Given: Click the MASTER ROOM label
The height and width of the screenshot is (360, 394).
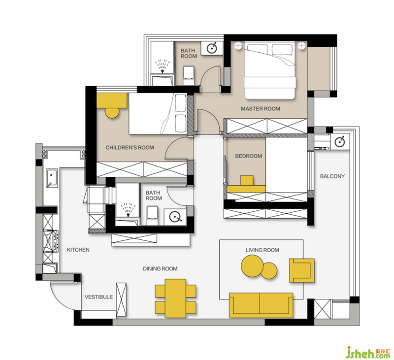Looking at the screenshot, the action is tap(261, 109).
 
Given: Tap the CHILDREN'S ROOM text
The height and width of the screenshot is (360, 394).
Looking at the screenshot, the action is tap(130, 147).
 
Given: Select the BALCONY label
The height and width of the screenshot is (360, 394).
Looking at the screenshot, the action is tap(332, 176).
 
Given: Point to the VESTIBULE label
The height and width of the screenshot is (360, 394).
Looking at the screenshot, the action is tap(98, 297).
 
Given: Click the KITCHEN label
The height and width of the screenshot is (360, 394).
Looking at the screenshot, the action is tap(78, 250).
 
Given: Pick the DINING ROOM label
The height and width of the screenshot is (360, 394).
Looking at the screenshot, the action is tap(160, 269).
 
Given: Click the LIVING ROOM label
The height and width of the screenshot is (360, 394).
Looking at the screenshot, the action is tap(263, 250).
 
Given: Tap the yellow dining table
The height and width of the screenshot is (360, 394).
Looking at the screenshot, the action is tap(176, 298).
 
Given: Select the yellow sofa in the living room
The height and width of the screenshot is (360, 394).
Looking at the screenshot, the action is tap(261, 305).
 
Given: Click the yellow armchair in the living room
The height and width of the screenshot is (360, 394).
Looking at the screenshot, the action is tap(301, 270).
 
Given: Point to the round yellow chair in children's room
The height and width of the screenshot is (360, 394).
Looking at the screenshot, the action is tap(112, 112).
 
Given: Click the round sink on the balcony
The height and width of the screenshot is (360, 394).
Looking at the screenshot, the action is tap(340, 141).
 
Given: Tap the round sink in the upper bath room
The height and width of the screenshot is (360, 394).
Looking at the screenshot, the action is tap(212, 48).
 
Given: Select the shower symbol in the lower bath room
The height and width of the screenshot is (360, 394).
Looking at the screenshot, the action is tap(128, 209).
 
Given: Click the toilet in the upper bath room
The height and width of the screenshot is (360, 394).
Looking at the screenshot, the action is tap(189, 75).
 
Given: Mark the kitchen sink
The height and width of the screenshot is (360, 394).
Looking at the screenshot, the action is tap(52, 178).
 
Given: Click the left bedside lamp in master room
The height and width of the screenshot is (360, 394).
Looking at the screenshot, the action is tap(238, 46).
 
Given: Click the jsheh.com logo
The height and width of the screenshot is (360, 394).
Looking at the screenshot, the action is tap(368, 352).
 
